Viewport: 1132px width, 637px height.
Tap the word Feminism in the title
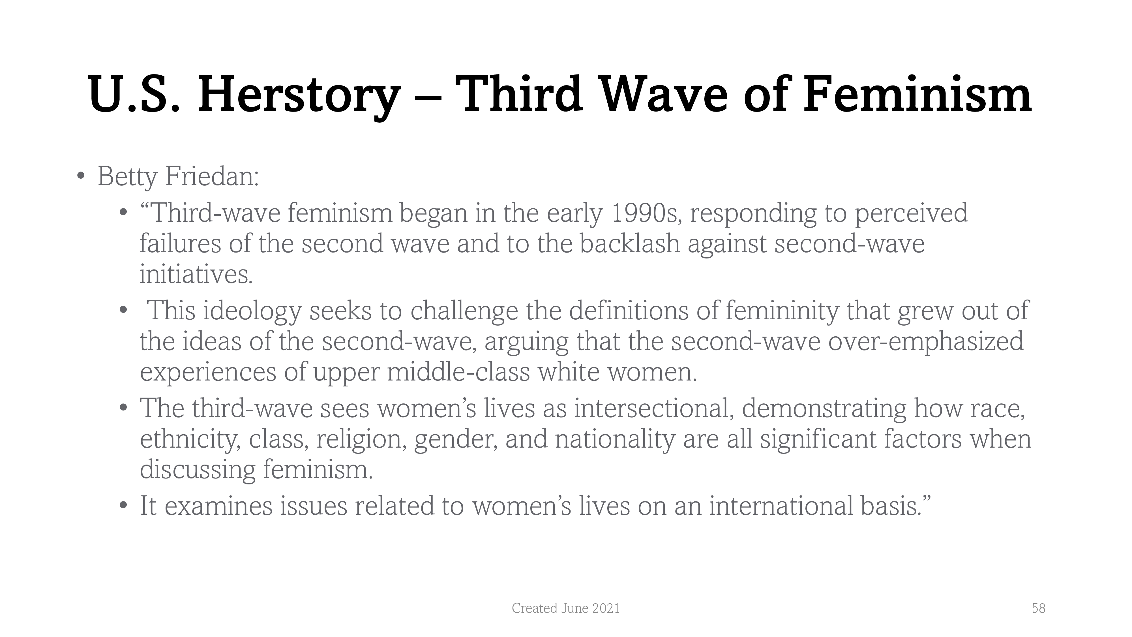tap(917, 94)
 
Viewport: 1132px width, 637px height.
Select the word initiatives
tap(196, 274)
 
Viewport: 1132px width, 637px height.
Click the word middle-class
tap(458, 372)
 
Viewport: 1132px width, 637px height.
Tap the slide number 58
tap(1038, 608)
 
